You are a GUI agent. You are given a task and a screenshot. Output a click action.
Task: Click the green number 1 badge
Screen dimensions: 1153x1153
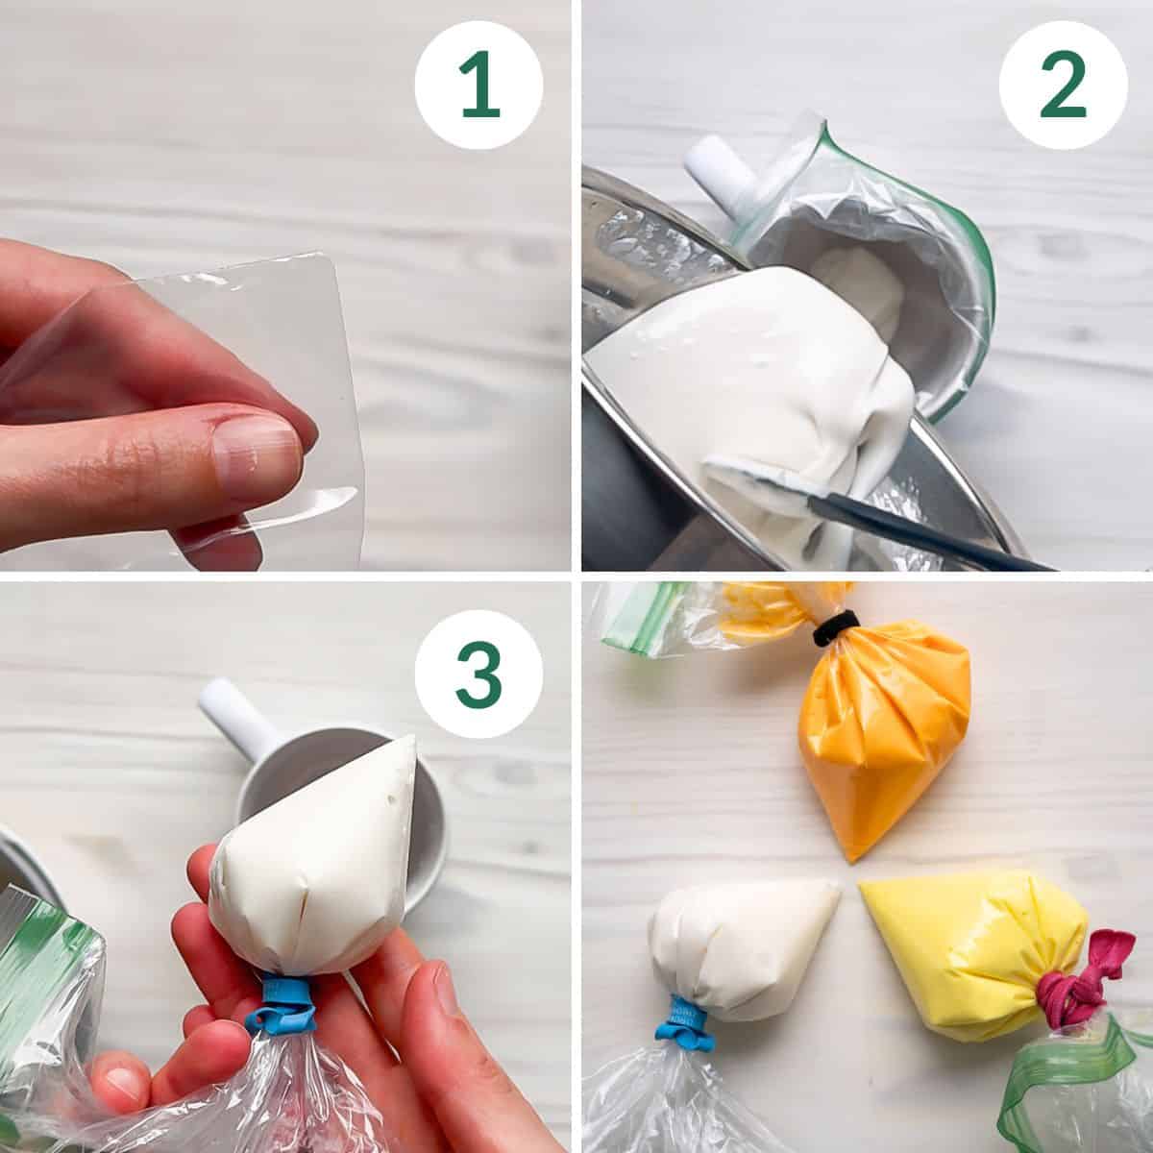click(x=478, y=85)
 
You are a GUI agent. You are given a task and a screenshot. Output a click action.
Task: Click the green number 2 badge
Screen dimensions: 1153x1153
click(x=1064, y=85)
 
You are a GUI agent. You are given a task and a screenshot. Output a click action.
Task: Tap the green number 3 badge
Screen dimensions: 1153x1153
click(x=478, y=674)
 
